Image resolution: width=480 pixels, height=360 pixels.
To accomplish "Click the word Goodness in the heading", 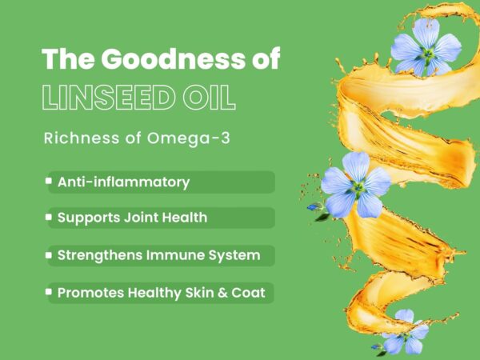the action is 174,58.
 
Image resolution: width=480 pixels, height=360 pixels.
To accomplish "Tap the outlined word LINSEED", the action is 109,98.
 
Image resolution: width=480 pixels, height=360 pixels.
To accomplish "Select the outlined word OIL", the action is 210,98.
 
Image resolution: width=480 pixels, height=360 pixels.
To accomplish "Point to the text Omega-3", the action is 188,138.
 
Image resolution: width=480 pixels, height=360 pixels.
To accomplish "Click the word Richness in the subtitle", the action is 82,138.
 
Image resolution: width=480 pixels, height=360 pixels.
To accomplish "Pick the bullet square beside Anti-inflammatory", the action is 49,181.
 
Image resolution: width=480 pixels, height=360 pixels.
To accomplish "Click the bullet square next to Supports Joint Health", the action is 49,217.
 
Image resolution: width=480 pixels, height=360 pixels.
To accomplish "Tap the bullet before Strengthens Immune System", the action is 49,255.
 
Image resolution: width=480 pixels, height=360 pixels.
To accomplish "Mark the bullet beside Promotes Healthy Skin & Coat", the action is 49,292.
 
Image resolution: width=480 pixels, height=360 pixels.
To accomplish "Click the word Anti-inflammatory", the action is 124,182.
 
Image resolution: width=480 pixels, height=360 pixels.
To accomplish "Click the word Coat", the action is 248,293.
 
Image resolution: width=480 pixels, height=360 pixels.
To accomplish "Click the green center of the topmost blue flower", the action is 427,54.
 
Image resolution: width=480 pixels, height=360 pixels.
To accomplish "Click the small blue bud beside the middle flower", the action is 313,207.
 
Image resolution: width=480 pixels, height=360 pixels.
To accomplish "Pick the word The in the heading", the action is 68,58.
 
